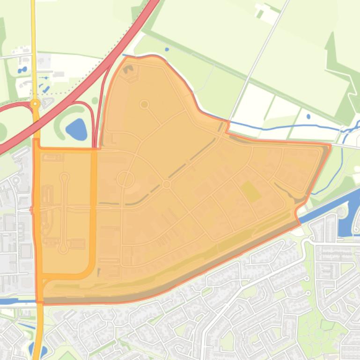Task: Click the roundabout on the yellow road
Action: coord(35,104)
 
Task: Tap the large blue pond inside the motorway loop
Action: coord(76,129)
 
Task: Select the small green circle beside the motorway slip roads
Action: coord(95,101)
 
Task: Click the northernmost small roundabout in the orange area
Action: coord(144,104)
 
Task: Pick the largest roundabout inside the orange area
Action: coord(125,179)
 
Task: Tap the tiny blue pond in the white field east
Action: coord(309,116)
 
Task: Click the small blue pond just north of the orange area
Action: coord(167,49)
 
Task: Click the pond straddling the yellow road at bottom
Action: coord(33,350)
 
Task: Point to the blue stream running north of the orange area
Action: coord(281,127)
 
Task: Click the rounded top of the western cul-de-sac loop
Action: coord(64,177)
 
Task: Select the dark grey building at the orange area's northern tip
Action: coord(129,71)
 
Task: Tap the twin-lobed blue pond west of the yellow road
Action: coord(22,70)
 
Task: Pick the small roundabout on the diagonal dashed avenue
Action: coord(166,185)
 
